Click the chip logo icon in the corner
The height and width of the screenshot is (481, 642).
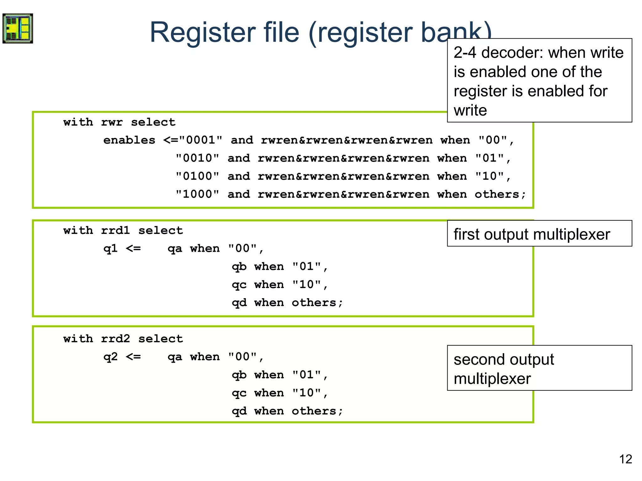[18, 28]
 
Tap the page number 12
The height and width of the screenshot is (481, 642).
[625, 459]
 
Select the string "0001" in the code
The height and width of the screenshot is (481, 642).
[201, 140]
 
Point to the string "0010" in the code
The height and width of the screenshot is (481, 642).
[197, 158]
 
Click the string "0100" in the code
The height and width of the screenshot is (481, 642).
[197, 176]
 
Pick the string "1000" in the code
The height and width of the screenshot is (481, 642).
[197, 194]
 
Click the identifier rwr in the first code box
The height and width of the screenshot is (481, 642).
[112, 122]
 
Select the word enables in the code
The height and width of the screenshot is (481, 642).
[129, 140]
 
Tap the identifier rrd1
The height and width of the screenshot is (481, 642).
[115, 231]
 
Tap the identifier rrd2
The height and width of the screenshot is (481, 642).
[115, 339]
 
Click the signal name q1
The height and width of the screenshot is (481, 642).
[110, 249]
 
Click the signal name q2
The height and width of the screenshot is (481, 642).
[110, 357]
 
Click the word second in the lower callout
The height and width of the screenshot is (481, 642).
[476, 359]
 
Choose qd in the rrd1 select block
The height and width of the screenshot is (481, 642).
[239, 303]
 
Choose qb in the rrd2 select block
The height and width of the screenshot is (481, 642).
[239, 375]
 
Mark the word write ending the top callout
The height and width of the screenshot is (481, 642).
[470, 110]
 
